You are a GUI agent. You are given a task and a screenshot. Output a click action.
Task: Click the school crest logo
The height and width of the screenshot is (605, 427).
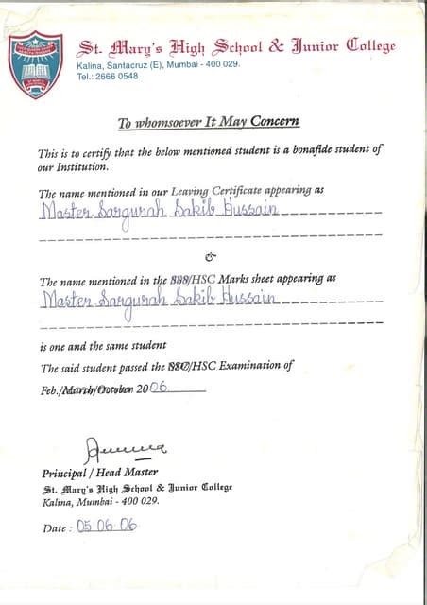coord(35,63)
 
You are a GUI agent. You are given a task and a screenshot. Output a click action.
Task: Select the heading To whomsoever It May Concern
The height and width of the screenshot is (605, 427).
coord(208,122)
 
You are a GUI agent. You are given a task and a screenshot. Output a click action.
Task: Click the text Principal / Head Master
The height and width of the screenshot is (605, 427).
coord(100,473)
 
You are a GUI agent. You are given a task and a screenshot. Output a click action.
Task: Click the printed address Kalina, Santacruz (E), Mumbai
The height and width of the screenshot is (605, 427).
coord(158,64)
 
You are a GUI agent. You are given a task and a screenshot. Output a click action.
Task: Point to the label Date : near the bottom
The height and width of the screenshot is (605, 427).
coord(56,528)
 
